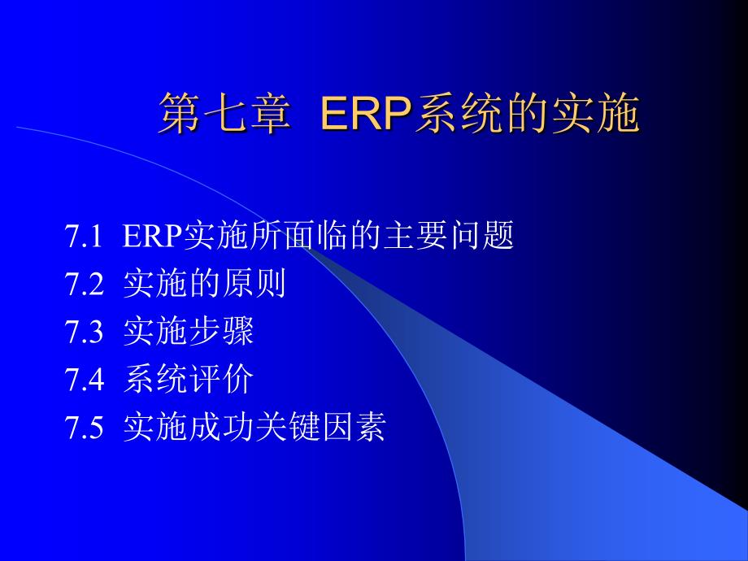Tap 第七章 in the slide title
(x=223, y=113)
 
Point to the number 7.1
(x=83, y=237)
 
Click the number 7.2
(x=83, y=285)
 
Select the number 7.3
(x=83, y=332)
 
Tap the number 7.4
(x=83, y=379)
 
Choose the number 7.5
(x=83, y=427)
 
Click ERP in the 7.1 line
(x=153, y=237)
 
